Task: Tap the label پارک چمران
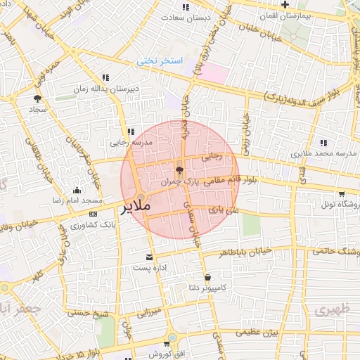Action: pyautogui.click(x=176, y=181)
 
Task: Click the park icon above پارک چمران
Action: pyautogui.click(x=179, y=169)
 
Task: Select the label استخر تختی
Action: pyautogui.click(x=159, y=61)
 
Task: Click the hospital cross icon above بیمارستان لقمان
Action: pyautogui.click(x=285, y=5)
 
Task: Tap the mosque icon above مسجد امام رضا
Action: pyautogui.click(x=77, y=190)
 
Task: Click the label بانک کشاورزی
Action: pyautogui.click(x=94, y=225)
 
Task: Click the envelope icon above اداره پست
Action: pyautogui.click(x=148, y=257)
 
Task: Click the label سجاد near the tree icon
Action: pyautogui.click(x=37, y=110)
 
